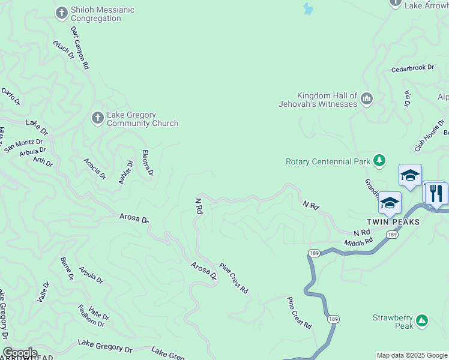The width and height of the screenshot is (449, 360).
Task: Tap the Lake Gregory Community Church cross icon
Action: pos(97,118)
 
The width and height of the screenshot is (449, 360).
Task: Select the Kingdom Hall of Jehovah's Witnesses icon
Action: pos(366,98)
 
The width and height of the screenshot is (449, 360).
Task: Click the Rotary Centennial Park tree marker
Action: pos(379,160)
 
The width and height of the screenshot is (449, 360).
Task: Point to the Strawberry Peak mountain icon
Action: pos(422,320)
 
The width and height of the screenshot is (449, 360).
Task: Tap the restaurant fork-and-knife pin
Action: pos(435,193)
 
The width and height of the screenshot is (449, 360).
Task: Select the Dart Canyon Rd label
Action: pos(80,47)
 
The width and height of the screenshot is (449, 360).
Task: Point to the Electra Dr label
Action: pos(148,163)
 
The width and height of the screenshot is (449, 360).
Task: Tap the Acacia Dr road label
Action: pos(95,169)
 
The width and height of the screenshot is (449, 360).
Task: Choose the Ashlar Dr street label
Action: pos(125,172)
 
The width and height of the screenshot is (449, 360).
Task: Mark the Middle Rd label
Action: pos(358,242)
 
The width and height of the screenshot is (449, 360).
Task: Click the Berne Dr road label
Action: pos(67,268)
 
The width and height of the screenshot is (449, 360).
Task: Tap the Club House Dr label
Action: pos(429,134)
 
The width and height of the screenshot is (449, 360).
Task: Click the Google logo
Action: pos(20,353)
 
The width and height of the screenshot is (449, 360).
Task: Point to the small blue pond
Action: pos(308,8)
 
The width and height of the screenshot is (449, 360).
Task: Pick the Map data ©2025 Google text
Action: pos(412,355)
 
